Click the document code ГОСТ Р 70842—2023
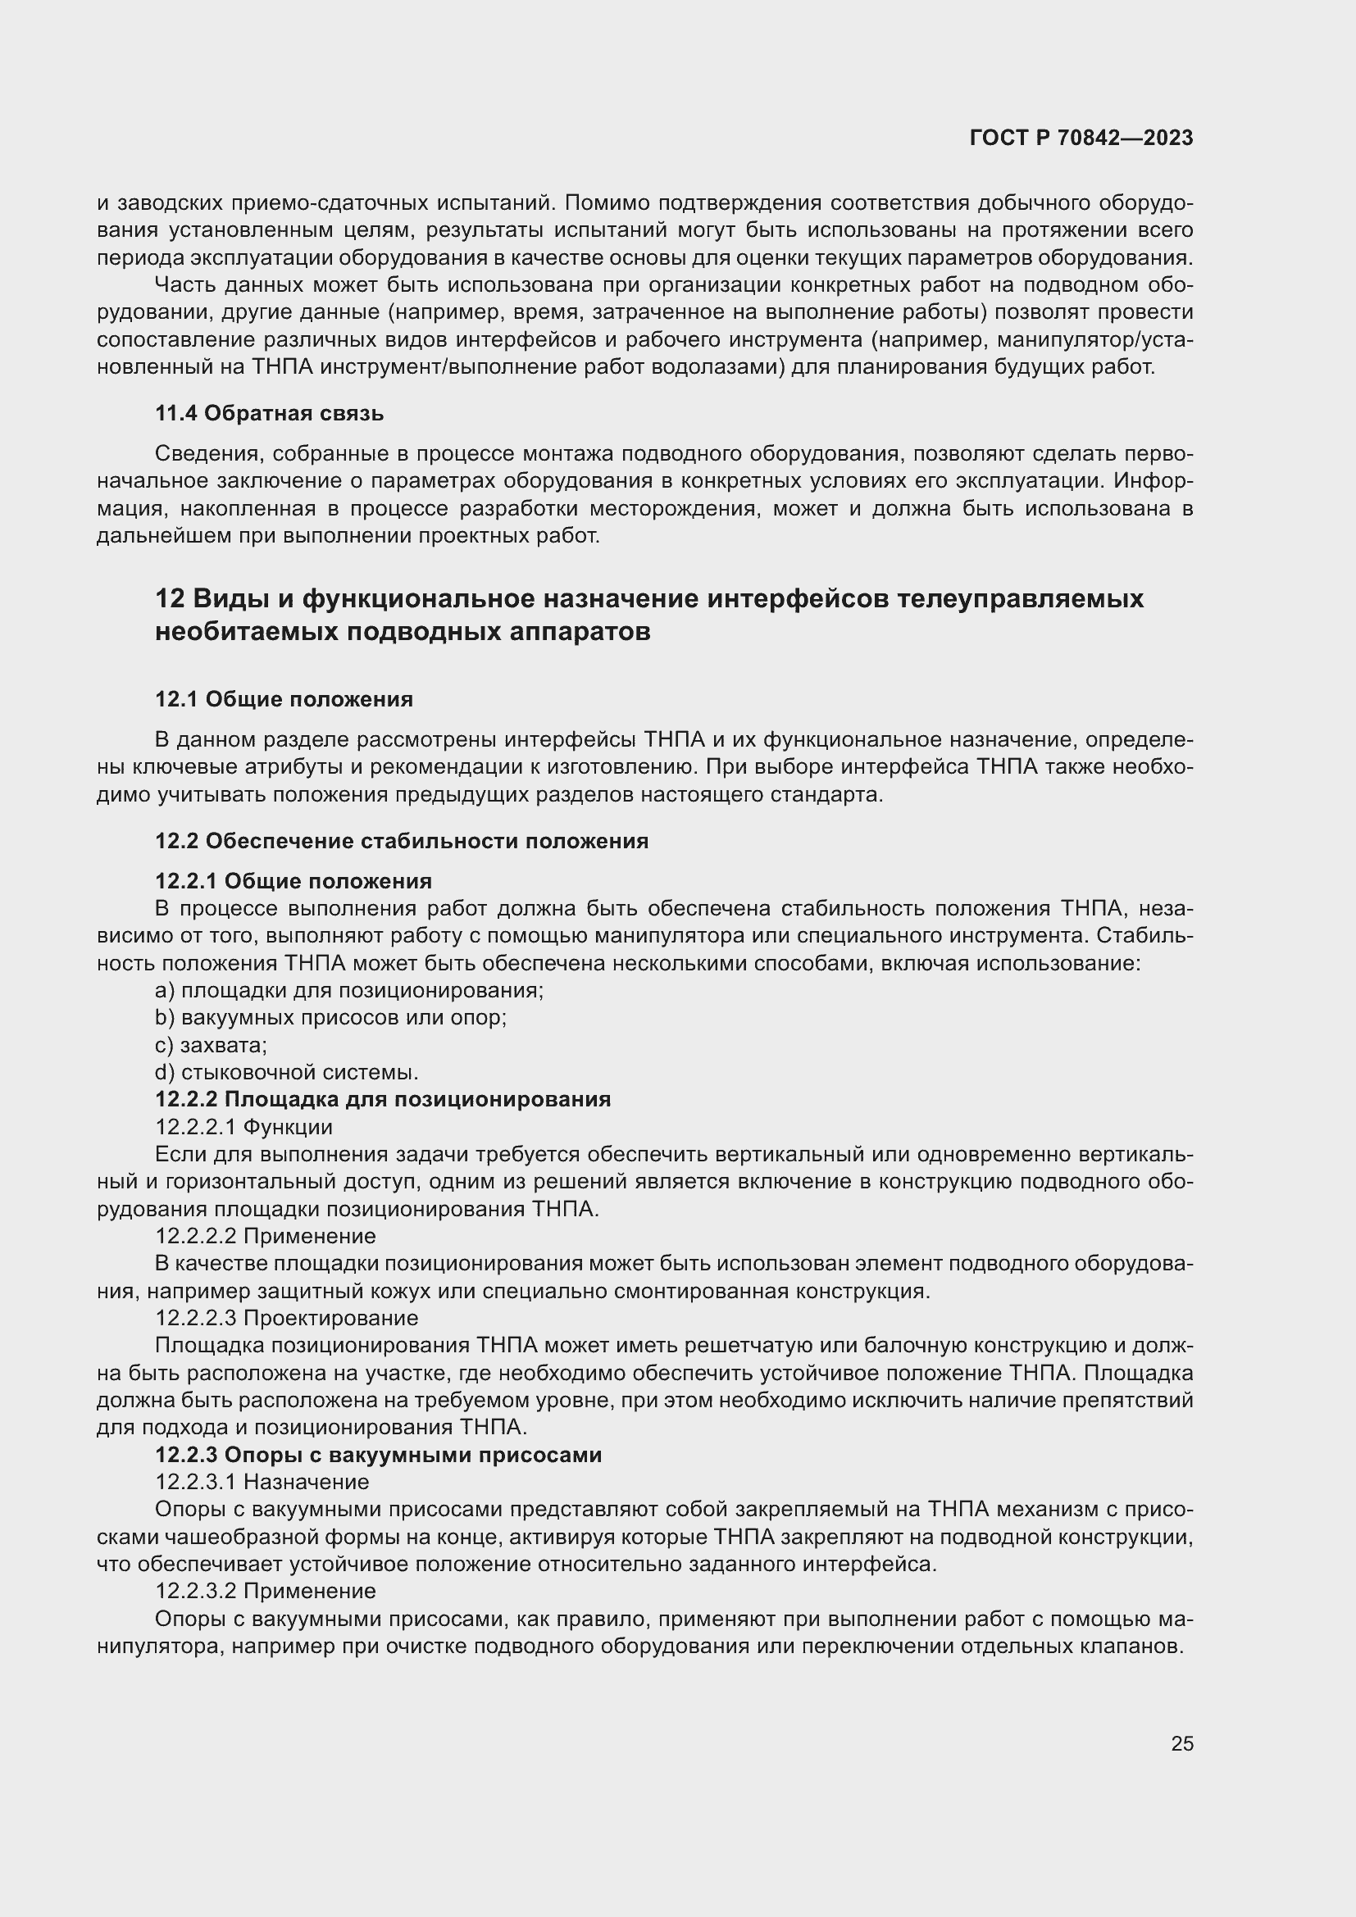1081,139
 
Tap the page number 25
1182,1743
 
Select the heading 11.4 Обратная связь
269,413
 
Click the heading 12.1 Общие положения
284,699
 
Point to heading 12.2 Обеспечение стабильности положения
402,841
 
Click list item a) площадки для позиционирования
349,990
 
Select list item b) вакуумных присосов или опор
330,1018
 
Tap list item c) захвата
212,1045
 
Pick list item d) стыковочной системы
286,1072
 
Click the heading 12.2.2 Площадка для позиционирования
382,1100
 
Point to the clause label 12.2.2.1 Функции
243,1127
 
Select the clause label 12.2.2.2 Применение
266,1236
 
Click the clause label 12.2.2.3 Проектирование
286,1318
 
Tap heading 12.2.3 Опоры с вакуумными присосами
378,1455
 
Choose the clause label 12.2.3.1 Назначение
262,1482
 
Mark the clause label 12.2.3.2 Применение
266,1591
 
